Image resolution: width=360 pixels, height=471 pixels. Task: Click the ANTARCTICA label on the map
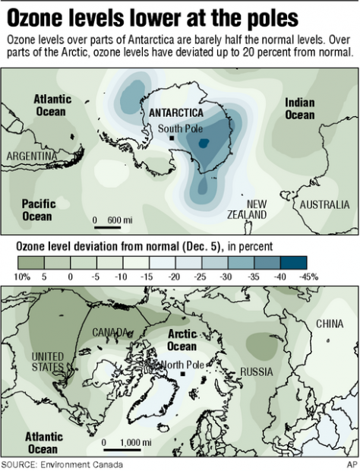(179, 112)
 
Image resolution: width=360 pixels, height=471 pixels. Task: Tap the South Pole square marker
(173, 139)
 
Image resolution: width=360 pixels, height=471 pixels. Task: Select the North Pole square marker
(184, 374)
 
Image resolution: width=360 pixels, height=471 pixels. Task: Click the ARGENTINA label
(33, 156)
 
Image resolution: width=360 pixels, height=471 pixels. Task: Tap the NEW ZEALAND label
(248, 210)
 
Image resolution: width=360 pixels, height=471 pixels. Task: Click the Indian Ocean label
(299, 109)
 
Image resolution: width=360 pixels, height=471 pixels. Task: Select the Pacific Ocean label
(37, 210)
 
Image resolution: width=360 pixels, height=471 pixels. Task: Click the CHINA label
(330, 324)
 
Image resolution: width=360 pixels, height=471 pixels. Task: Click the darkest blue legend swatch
(306, 261)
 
